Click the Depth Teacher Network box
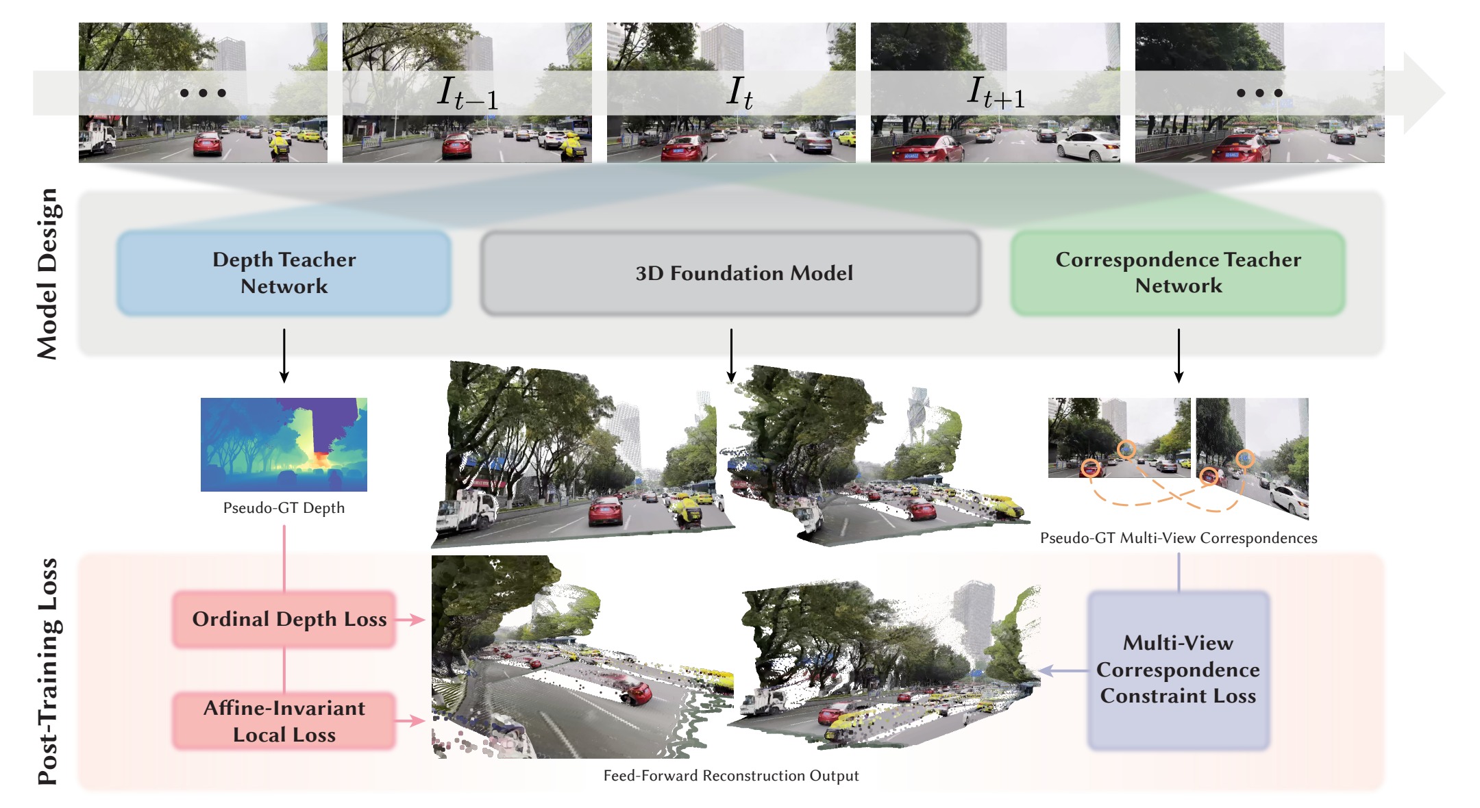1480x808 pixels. tap(284, 273)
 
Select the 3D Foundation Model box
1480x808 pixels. tap(730, 273)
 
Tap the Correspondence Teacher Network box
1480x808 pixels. tap(1178, 273)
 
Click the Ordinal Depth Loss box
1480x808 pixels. tap(284, 619)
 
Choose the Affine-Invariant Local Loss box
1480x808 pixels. tap(284, 720)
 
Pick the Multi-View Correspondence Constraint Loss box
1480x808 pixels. tap(1179, 670)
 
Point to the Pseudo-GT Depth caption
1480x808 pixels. tap(284, 508)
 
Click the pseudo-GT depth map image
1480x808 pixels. tap(284, 444)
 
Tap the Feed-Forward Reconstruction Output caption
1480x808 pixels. tap(730, 775)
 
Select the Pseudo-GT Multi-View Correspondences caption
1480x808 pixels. tap(1179, 538)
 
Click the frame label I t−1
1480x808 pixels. tap(467, 92)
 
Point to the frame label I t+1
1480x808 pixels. tap(996, 92)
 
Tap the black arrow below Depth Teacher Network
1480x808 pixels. tap(284, 355)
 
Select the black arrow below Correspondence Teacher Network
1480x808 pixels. tap(1179, 355)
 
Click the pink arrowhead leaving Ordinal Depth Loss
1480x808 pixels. tap(417, 619)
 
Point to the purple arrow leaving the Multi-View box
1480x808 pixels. tap(1063, 671)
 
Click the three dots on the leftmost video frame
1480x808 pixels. tap(203, 93)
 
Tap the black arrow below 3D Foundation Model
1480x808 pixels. tap(731, 355)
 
